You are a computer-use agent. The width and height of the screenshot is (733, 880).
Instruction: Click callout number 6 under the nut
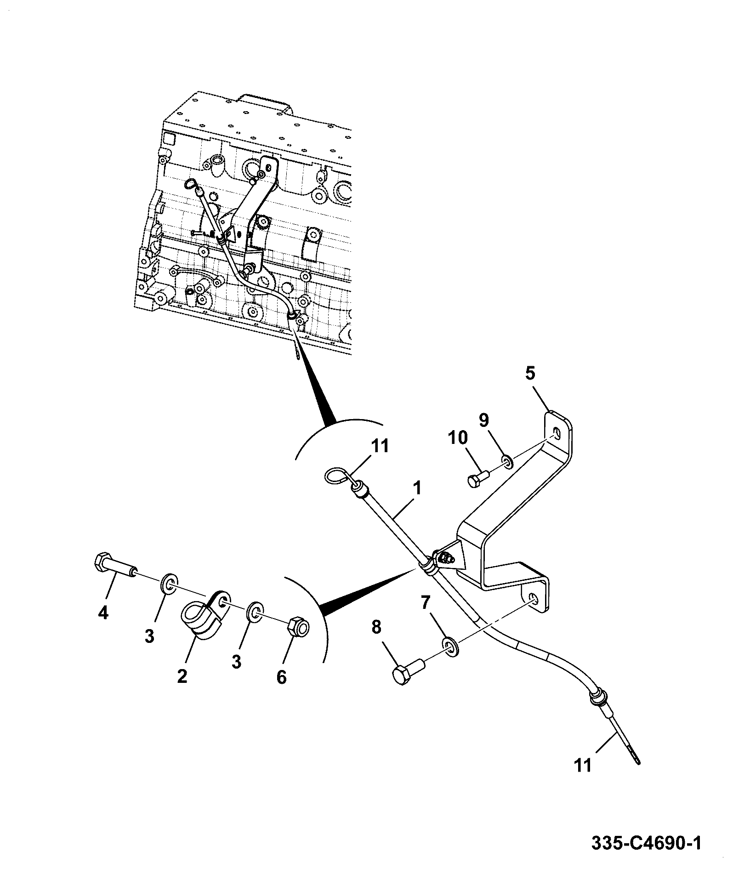pos(281,676)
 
